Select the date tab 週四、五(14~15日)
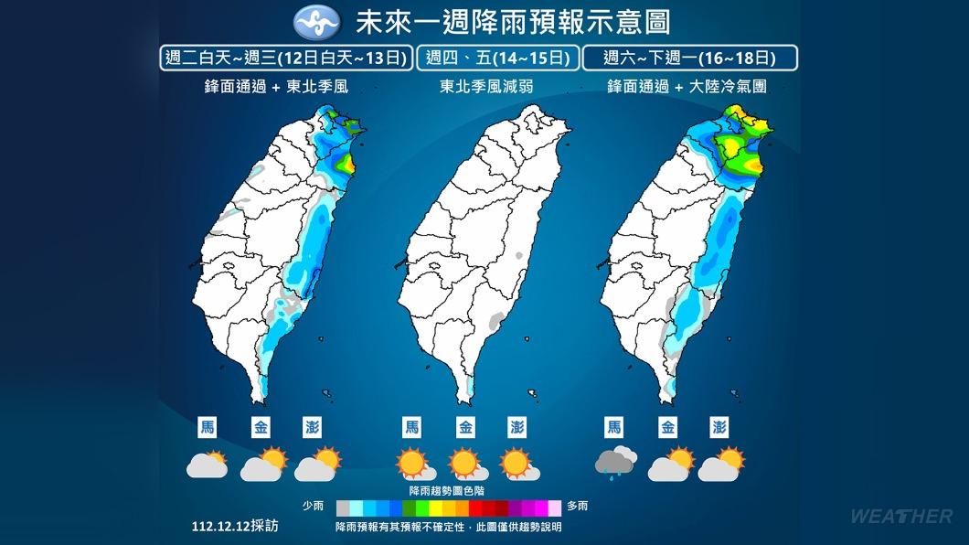pyautogui.click(x=498, y=59)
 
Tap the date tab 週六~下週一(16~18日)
pyautogui.click(x=690, y=59)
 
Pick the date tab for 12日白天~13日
pyautogui.click(x=284, y=59)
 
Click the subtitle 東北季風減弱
pyautogui.click(x=484, y=88)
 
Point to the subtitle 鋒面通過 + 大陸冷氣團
pyautogui.click(x=693, y=88)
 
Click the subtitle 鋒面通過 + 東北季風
pyautogui.click(x=276, y=88)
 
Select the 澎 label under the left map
pyautogui.click(x=312, y=427)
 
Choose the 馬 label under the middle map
pyautogui.click(x=412, y=427)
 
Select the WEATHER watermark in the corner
pyautogui.click(x=900, y=517)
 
